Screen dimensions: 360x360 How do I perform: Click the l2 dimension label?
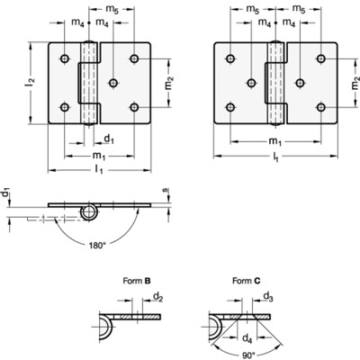[31, 84]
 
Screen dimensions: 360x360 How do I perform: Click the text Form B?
[135, 281]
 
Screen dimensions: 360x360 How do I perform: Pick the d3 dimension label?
[266, 295]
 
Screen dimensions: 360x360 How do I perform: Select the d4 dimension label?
[247, 337]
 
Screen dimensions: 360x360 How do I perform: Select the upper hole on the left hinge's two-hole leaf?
[66, 59]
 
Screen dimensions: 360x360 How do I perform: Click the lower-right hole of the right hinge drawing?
[319, 108]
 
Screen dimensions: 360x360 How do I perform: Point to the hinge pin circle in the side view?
[88, 212]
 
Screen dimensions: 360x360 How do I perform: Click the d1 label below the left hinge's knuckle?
[109, 139]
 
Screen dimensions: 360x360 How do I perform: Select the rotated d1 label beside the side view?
[6, 193]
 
